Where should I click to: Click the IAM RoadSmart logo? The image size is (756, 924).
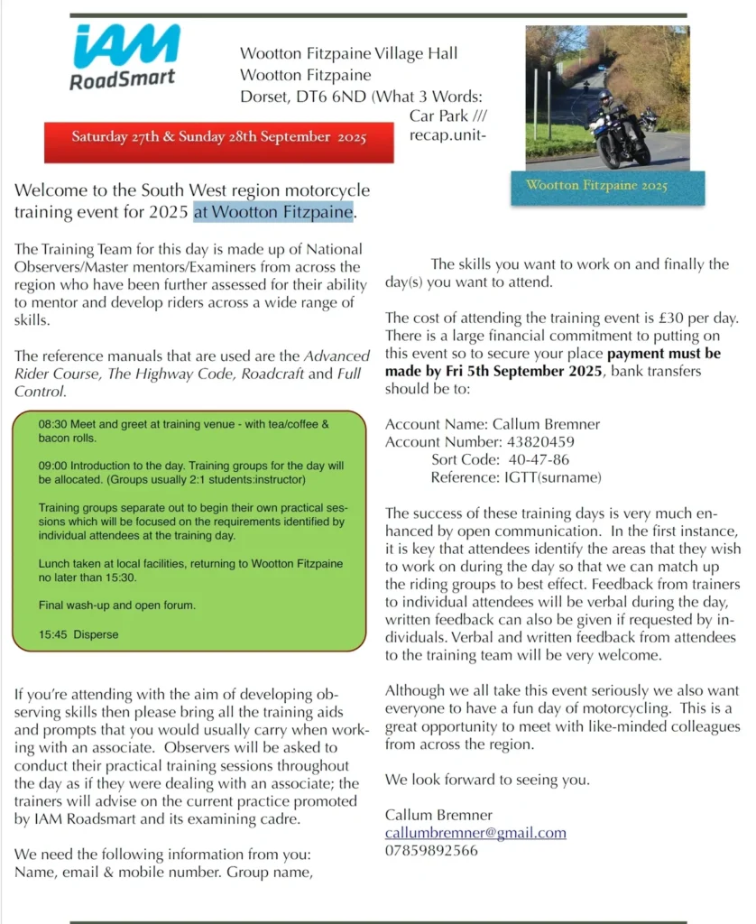point(124,57)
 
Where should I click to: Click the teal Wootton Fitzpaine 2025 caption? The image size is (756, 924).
point(596,186)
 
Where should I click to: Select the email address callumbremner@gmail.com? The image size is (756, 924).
point(475,832)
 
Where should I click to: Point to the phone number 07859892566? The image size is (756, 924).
point(431,850)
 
